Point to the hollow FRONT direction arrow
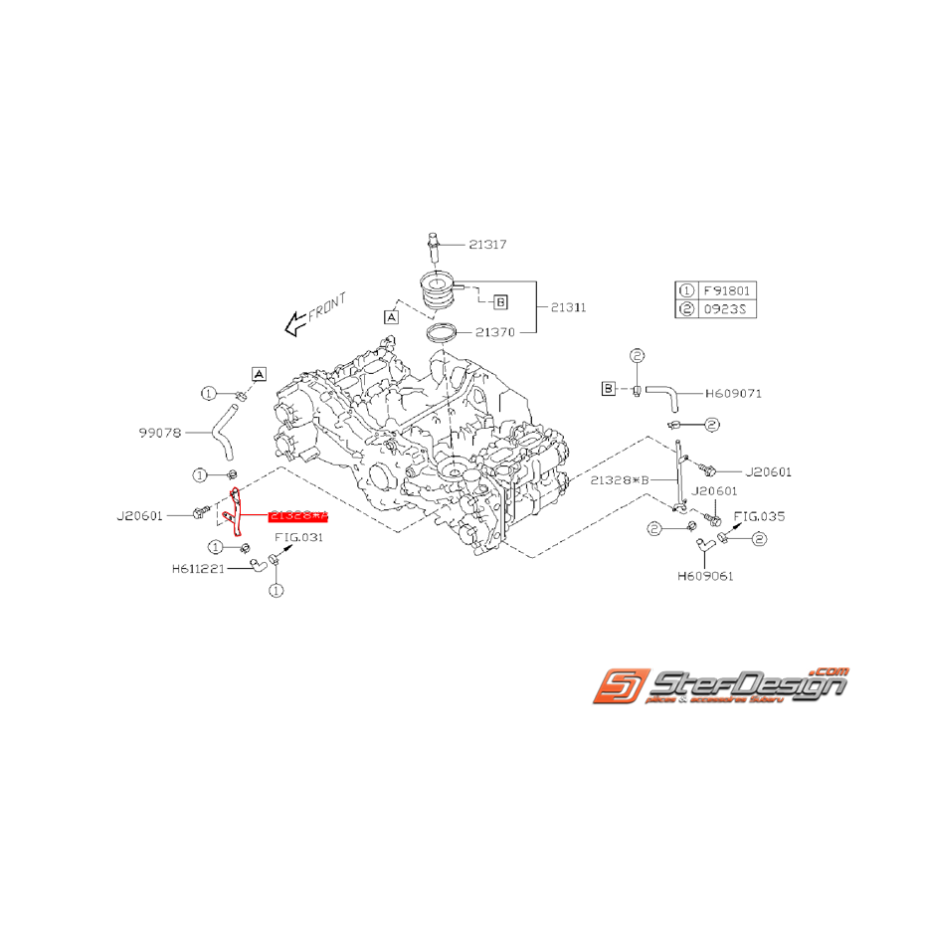click(x=294, y=321)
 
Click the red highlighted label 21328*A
click(x=297, y=515)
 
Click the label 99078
click(x=159, y=433)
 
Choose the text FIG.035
click(x=759, y=517)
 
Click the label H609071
click(x=733, y=394)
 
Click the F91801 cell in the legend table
click(x=730, y=290)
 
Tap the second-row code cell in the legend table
click(x=730, y=309)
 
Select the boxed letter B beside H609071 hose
click(x=609, y=388)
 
